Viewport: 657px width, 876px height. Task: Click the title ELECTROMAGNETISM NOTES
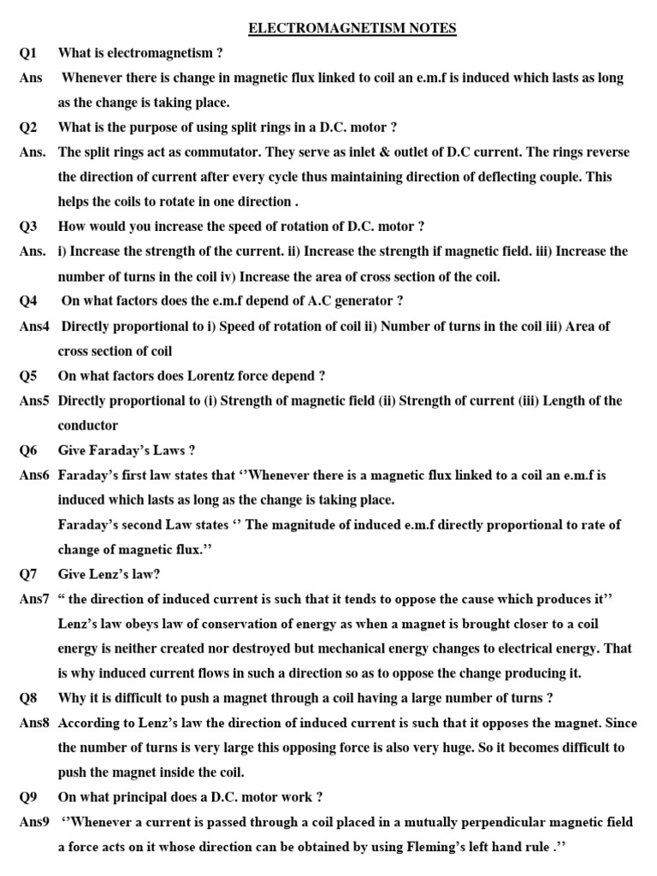point(352,28)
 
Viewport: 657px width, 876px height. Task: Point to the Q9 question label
point(29,797)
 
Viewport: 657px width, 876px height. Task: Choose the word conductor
point(88,425)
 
